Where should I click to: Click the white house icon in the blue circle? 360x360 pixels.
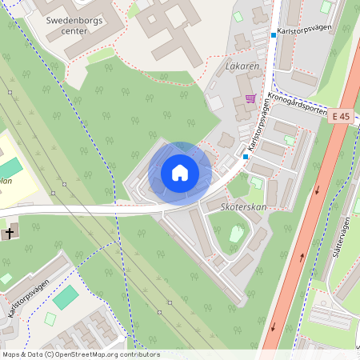pos(180,173)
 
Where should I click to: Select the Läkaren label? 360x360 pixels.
pos(242,66)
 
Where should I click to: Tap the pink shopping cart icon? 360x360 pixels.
pos(250,99)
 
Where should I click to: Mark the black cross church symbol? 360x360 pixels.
pos(9,234)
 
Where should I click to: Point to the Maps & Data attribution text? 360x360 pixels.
pos(22,354)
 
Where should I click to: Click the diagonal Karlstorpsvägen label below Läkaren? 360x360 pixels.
pos(256,131)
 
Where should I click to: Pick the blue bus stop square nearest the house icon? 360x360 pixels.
pos(246,157)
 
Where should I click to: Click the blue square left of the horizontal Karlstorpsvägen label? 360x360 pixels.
pos(273,35)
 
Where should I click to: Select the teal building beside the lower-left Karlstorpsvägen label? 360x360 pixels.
pos(66,297)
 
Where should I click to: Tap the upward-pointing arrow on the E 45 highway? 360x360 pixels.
pos(302,257)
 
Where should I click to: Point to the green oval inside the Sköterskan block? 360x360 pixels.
pos(237,234)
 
